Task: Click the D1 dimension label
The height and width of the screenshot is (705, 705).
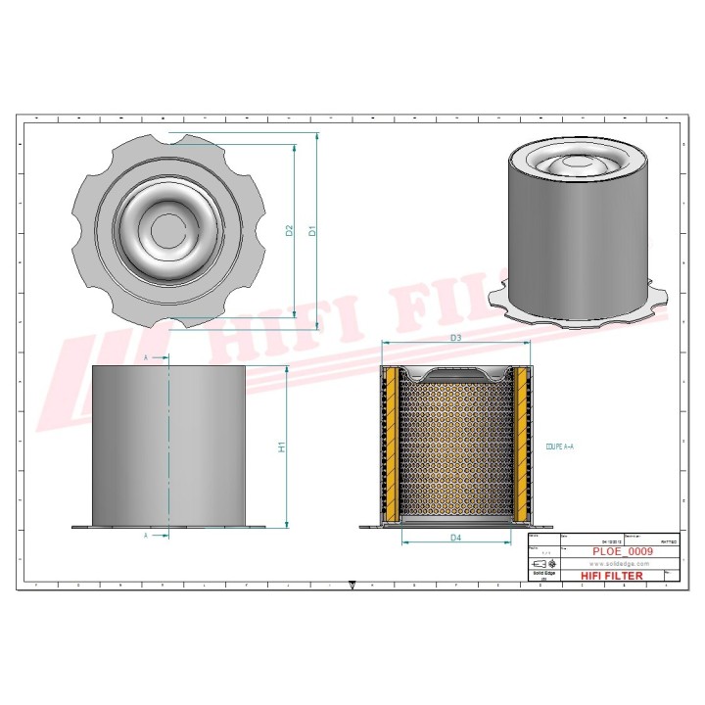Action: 312,231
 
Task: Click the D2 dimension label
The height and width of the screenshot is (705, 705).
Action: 289,231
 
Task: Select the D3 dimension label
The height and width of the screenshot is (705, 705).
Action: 455,338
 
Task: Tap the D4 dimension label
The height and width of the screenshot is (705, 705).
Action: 455,538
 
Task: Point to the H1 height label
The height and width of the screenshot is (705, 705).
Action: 281,446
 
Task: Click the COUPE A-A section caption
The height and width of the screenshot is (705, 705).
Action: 559,446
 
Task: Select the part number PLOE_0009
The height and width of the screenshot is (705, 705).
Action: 623,552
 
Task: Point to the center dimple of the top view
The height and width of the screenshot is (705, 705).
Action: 156,231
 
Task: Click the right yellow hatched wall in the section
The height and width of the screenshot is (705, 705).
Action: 521,446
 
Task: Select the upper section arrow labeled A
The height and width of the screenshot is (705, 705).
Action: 147,359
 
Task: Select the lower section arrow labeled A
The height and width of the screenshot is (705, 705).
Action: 147,537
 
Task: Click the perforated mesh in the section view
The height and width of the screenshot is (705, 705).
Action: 455,450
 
